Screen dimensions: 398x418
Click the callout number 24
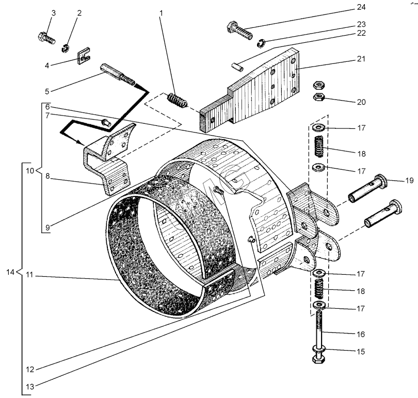click(360, 8)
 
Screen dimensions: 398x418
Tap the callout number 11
click(30, 276)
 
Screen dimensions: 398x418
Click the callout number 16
click(360, 334)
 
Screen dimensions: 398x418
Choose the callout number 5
click(46, 91)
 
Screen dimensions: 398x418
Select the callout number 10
click(29, 170)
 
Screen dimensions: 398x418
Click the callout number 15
click(360, 352)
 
